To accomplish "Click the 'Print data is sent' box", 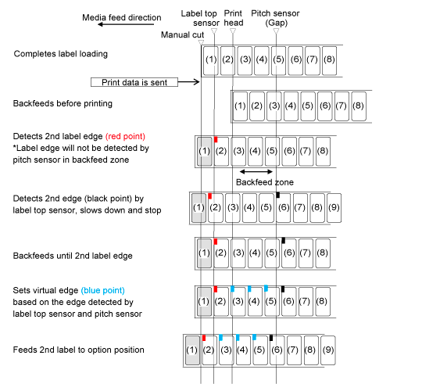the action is tap(134, 82).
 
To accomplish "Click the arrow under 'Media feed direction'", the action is tap(126, 24).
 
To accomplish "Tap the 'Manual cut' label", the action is tap(182, 34).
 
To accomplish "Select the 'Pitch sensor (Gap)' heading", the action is tap(275, 18).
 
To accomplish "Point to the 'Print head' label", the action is tap(234, 18).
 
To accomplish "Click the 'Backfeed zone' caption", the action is tap(265, 182).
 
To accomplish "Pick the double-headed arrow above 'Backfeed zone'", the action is tap(256, 171).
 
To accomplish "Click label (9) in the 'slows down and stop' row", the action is tap(334, 207).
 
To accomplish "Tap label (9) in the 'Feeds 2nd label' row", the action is tap(328, 350).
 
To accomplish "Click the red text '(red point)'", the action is tap(125, 137).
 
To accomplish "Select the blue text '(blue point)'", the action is tap(103, 290).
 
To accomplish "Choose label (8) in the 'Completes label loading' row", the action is tap(329, 60).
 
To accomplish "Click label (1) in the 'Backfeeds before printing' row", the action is tap(240, 106).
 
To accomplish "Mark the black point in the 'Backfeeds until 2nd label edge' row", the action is tap(284, 240).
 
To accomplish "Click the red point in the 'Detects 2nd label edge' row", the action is tap(216, 139).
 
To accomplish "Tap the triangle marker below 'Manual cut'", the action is tap(201, 42).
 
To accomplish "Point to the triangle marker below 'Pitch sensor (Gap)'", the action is tap(276, 31).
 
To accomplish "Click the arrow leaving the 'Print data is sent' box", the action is tap(188, 82).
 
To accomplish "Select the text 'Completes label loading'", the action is tap(61, 54).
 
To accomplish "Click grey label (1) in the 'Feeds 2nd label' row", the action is tap(192, 350).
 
